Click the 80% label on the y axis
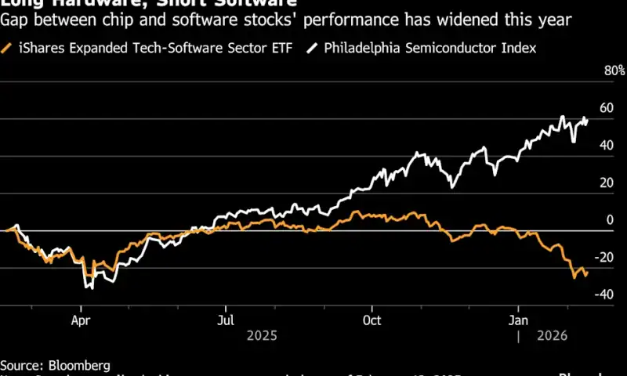(614, 71)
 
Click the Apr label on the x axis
(81, 320)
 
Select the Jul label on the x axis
(225, 320)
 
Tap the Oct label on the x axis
(371, 320)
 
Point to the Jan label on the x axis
(516, 320)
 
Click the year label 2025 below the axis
(261, 335)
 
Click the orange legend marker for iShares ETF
(7, 49)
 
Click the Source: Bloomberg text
(55, 365)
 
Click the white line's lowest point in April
(91, 288)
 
